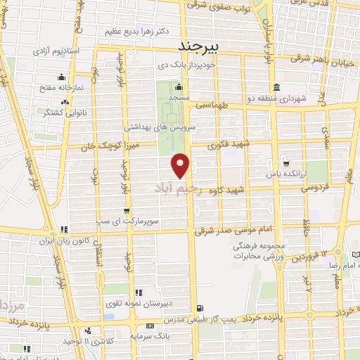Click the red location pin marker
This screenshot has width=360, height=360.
click(181, 165)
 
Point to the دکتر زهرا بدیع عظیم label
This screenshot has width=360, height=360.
click(129, 32)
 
